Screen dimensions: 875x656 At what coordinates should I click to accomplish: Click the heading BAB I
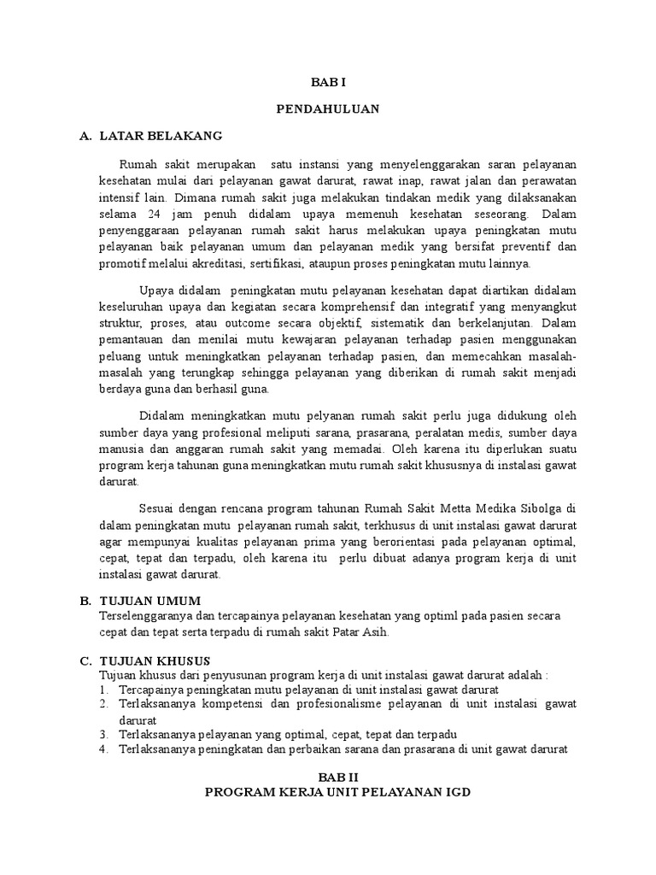(328, 81)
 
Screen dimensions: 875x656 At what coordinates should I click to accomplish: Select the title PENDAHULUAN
(328, 109)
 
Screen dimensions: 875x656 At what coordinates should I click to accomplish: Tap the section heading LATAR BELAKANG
(161, 136)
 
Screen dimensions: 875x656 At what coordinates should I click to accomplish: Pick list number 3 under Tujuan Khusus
(102, 735)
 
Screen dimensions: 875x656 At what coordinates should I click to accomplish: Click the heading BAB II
(328, 776)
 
